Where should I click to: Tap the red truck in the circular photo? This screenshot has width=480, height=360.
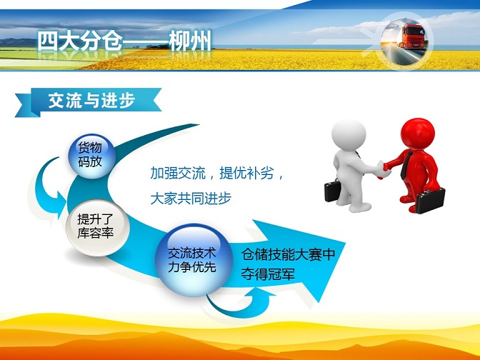[412, 36]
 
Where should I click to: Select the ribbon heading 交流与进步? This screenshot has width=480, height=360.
[91, 100]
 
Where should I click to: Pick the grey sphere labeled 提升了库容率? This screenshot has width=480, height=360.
[98, 227]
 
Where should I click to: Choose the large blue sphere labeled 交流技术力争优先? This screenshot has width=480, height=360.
[194, 260]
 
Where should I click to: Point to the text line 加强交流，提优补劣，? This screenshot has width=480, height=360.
[217, 174]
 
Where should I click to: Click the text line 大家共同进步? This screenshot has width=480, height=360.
[191, 199]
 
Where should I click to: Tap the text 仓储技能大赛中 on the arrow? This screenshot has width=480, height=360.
[288, 254]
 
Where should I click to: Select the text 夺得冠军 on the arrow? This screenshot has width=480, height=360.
[268, 274]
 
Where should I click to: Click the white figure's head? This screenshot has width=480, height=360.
[349, 134]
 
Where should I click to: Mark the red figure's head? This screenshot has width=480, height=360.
[418, 133]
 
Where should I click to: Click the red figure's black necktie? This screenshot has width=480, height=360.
[406, 165]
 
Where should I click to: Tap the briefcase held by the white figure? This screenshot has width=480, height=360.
[332, 191]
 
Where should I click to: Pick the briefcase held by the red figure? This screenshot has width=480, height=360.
[430, 201]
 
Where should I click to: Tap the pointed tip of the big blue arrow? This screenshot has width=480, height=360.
[345, 244]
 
